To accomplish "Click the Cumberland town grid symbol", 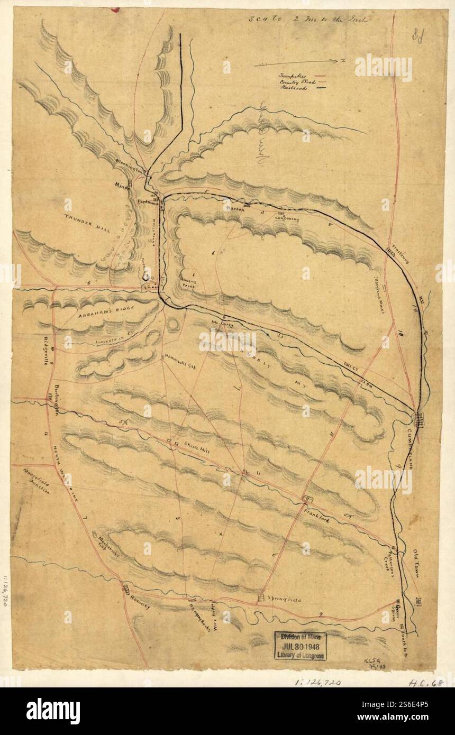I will pyautogui.click(x=419, y=419).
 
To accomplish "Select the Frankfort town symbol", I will pyautogui.click(x=307, y=499).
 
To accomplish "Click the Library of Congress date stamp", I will pyautogui.click(x=300, y=646).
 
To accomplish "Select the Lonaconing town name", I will pyautogui.click(x=287, y=219).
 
